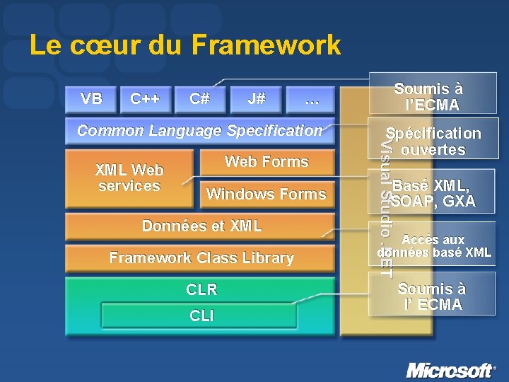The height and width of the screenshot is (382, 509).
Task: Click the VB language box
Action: point(91,99)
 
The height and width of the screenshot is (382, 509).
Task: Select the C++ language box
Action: point(145,99)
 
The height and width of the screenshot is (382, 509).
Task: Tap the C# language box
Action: point(199,99)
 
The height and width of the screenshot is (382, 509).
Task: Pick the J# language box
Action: point(257,99)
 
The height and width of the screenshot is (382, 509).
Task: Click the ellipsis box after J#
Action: point(311,100)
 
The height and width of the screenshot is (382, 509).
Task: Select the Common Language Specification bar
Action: point(199,130)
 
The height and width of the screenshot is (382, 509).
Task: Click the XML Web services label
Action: point(129,178)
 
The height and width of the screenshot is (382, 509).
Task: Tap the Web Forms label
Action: point(267,162)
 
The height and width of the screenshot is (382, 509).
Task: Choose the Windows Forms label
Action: point(266,194)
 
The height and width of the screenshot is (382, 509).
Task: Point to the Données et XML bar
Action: point(201,226)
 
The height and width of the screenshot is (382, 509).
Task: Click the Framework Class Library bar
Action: point(201,258)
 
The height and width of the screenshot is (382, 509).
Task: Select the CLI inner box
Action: point(201,316)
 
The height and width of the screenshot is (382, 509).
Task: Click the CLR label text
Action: point(201,289)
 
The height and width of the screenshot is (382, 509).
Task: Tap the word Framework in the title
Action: point(266,46)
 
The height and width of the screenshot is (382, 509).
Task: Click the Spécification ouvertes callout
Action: point(433,141)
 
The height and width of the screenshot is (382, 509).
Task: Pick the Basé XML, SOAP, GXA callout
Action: point(433,193)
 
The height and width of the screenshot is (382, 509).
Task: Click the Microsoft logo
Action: point(450,370)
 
